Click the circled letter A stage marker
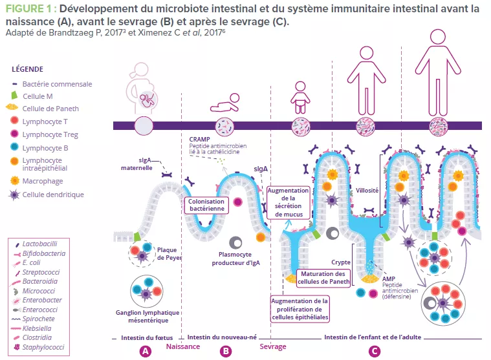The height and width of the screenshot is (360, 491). tap(146, 350)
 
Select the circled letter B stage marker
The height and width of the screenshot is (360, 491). tap(226, 350)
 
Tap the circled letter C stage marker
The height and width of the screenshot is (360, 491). tap(374, 350)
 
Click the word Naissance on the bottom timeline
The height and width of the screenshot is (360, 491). tap(182, 346)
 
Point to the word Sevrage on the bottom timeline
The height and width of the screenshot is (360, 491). tap(273, 346)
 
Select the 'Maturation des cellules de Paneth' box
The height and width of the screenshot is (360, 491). tap(323, 277)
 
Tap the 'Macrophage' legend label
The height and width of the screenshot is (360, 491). tap(43, 181)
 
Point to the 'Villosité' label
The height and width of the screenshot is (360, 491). tap(367, 191)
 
